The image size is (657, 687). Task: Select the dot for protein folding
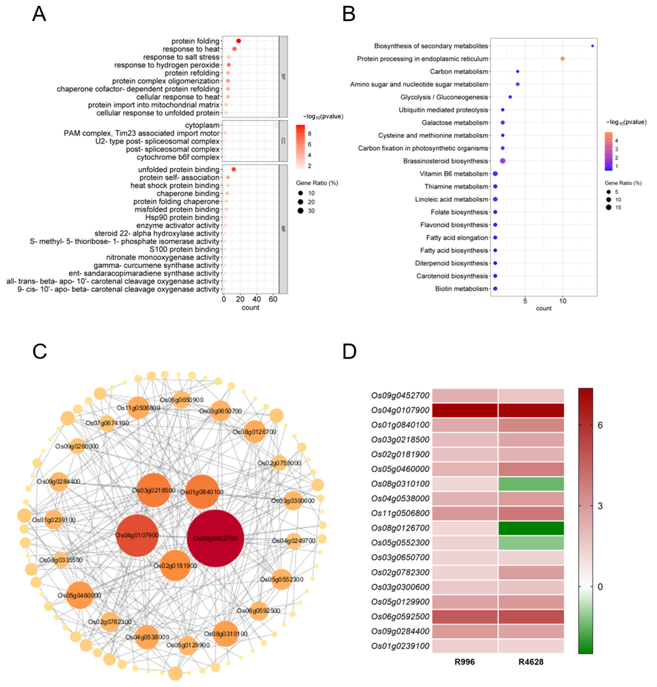pos(239,41)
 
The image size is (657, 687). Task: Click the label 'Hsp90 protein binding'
pos(182,217)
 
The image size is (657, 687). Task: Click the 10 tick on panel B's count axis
pos(562,301)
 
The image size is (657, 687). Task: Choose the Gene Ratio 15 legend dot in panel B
pos(609,208)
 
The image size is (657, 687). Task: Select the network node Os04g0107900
pos(137,535)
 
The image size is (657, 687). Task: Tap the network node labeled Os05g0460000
pos(80,595)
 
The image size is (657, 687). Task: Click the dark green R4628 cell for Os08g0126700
pos(531,528)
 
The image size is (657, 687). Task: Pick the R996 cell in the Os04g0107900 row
pos(464,410)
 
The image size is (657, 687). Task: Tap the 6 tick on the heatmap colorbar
pos(600,425)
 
